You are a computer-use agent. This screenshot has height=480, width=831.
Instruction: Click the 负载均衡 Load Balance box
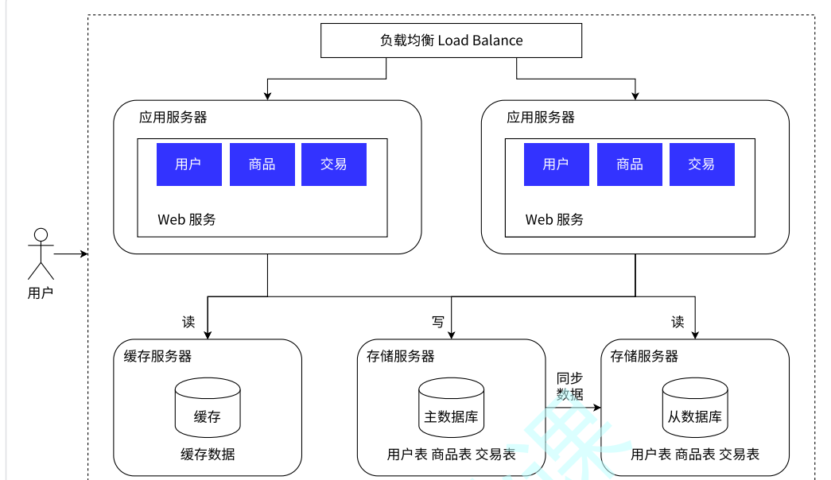(451, 41)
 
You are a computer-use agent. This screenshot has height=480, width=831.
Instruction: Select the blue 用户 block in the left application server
(188, 165)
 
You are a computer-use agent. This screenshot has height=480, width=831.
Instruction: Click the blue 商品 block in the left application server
(262, 165)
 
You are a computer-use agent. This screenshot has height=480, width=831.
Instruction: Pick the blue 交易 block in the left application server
(334, 165)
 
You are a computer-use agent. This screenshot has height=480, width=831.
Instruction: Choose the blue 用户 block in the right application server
(556, 165)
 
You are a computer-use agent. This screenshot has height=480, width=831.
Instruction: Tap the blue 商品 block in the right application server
(630, 165)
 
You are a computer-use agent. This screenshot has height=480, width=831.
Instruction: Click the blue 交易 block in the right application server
(701, 165)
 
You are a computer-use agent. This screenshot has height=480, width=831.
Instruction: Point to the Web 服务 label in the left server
(187, 219)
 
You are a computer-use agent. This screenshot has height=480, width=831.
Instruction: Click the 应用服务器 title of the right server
(541, 118)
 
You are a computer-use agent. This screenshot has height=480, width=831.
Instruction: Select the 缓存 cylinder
(207, 407)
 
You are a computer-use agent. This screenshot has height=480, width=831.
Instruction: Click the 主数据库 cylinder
(451, 407)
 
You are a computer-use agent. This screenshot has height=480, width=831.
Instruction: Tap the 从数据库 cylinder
(695, 407)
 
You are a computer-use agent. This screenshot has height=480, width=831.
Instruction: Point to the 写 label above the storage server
(438, 322)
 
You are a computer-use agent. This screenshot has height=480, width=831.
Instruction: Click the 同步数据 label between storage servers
(569, 385)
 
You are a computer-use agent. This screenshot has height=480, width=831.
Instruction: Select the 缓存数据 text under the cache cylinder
(207, 455)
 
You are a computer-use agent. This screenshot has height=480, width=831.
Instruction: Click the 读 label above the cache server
(188, 322)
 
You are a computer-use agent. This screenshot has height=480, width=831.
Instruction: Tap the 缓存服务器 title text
(157, 355)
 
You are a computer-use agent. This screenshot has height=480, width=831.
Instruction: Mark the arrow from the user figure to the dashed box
(70, 254)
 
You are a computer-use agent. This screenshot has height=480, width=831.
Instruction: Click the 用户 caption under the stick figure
(40, 293)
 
